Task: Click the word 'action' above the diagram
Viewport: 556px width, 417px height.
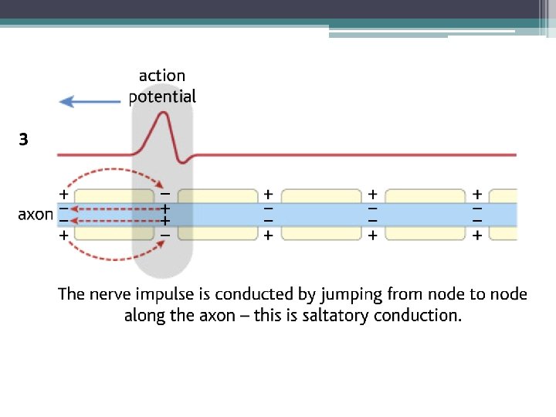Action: (x=162, y=76)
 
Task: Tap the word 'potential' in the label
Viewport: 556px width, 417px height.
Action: (x=162, y=97)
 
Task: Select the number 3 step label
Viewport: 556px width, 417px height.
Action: (x=24, y=140)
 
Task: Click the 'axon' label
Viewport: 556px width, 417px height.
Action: (x=36, y=214)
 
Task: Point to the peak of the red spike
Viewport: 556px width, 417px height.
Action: (x=163, y=114)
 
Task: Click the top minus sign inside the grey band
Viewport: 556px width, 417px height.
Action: (x=164, y=193)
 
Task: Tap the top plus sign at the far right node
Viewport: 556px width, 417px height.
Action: (x=477, y=193)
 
